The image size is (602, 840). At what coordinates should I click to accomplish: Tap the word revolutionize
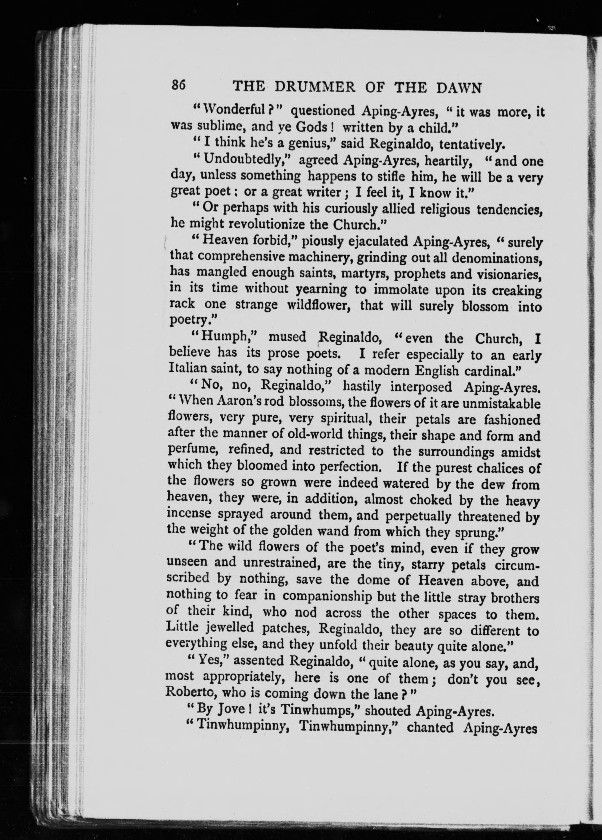269,225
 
